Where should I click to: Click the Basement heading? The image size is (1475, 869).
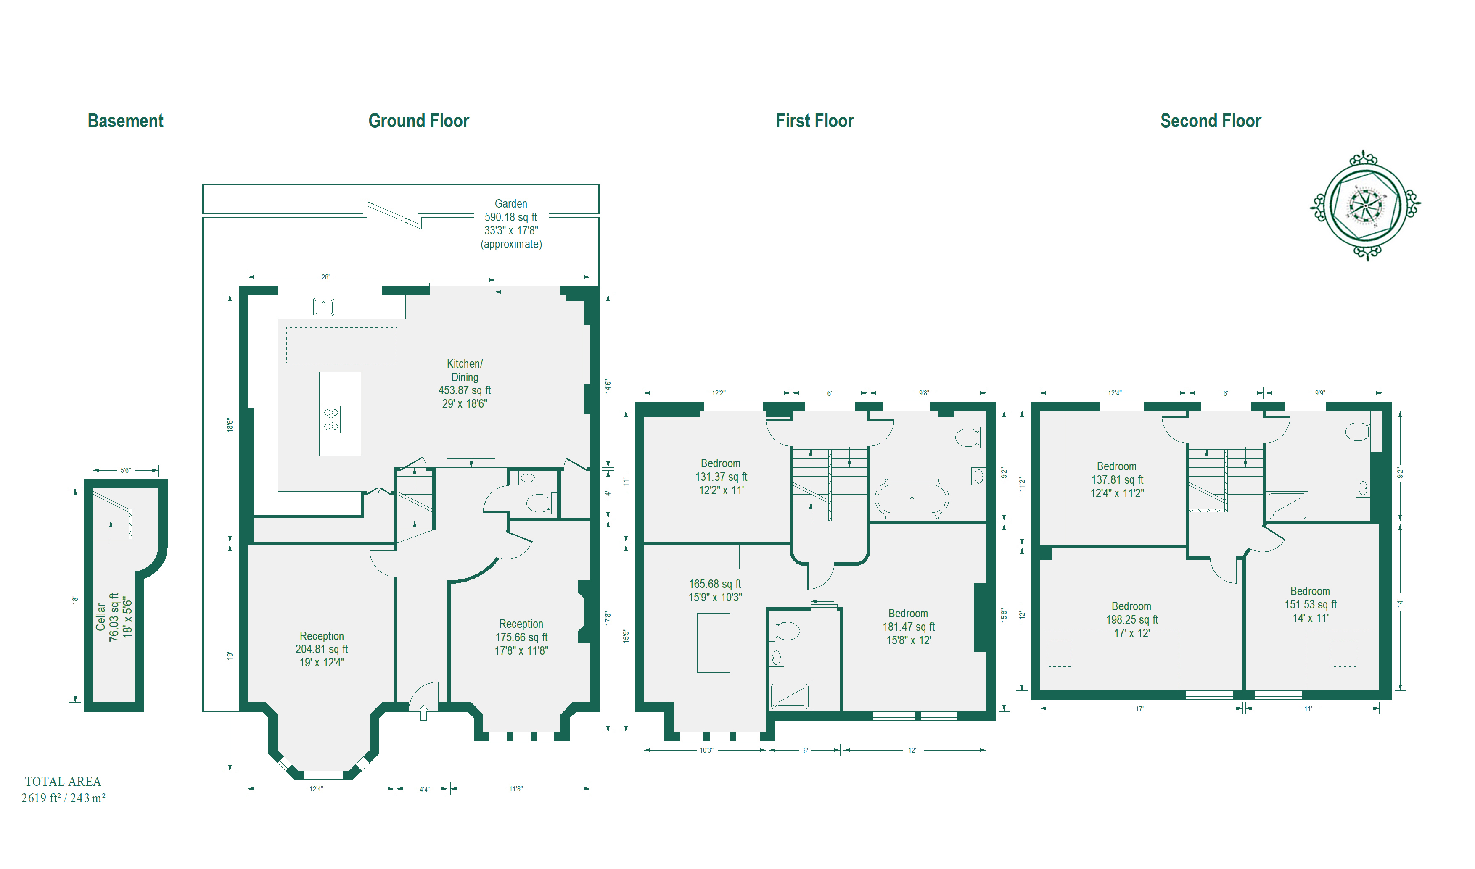pyautogui.click(x=125, y=121)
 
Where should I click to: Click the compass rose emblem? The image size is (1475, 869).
pyautogui.click(x=1365, y=205)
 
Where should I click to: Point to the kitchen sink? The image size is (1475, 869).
pyautogui.click(x=323, y=306)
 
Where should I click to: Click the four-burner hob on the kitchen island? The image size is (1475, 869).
pyautogui.click(x=331, y=420)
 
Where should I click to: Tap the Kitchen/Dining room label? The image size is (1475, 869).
pyautogui.click(x=465, y=384)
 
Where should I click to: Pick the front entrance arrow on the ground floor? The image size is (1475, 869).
pyautogui.click(x=423, y=713)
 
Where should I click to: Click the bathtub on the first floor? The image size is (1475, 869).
pyautogui.click(x=912, y=498)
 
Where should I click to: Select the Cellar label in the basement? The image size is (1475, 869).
pyautogui.click(x=114, y=616)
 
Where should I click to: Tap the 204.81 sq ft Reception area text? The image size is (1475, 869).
pyautogui.click(x=322, y=649)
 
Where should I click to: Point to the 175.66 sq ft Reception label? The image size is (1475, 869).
pyautogui.click(x=521, y=637)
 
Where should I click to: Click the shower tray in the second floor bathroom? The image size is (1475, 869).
pyautogui.click(x=1287, y=506)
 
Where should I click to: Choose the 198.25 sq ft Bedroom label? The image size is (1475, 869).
pyautogui.click(x=1132, y=619)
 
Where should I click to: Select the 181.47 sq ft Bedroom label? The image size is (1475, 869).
pyautogui.click(x=909, y=627)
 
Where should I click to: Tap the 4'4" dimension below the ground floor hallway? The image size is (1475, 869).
pyautogui.click(x=425, y=789)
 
